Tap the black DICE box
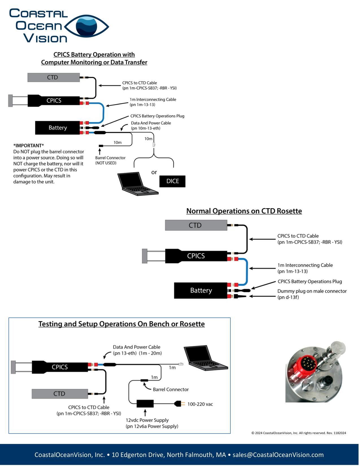[172, 181]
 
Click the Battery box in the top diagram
[58, 128]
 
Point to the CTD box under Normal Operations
[196, 225]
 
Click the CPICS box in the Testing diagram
[60, 367]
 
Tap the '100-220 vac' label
[200, 404]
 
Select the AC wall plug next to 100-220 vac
[179, 404]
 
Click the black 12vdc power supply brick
[145, 404]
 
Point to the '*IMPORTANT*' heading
[29, 146]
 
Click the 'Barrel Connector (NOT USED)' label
[110, 160]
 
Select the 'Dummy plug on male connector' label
[312, 291]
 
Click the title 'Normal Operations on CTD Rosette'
[244, 211]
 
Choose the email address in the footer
[278, 455]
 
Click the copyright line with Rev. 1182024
[298, 433]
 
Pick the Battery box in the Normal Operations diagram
[201, 291]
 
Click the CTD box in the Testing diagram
[60, 394]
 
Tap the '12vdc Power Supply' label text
[147, 420]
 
